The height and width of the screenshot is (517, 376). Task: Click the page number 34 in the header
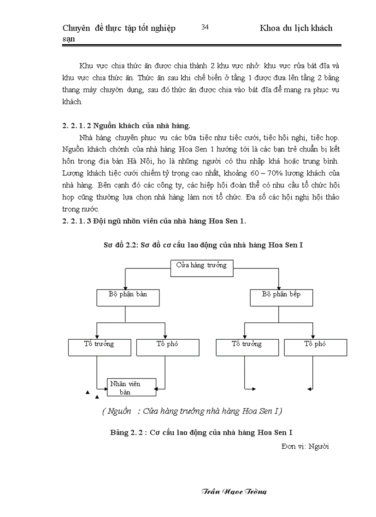[206, 28]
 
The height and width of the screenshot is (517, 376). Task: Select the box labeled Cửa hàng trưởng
[202, 268]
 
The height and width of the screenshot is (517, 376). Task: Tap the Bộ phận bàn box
[128, 297]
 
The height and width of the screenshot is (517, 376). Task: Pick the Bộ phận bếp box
[281, 297]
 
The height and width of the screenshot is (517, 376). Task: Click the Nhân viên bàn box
[131, 387]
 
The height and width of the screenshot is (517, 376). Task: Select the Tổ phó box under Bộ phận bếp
[315, 347]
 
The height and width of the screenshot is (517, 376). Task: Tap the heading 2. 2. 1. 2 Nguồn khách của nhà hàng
[126, 125]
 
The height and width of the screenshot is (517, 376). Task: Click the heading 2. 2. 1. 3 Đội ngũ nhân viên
[154, 221]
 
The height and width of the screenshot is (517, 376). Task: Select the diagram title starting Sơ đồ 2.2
[203, 245]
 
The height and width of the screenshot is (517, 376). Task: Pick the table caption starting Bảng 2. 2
[202, 432]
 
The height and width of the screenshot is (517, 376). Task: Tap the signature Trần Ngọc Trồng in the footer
[234, 491]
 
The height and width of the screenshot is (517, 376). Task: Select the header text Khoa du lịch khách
[296, 29]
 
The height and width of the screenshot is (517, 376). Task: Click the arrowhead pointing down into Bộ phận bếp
[279, 287]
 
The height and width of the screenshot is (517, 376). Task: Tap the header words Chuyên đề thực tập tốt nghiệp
[118, 29]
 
